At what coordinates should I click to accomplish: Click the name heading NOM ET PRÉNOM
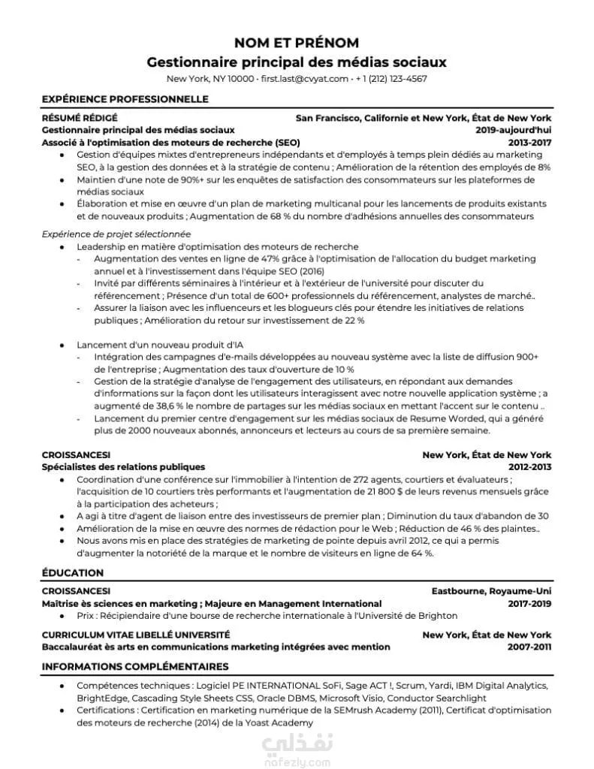(297, 42)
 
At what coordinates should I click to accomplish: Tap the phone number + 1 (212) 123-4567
(391, 79)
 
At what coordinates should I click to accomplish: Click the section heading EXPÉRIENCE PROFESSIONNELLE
(125, 99)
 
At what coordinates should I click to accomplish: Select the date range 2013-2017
(529, 142)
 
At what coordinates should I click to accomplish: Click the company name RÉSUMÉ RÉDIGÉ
(80, 118)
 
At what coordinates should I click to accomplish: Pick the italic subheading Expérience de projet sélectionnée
(116, 234)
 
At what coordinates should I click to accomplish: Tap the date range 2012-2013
(529, 467)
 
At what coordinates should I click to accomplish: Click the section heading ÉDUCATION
(73, 573)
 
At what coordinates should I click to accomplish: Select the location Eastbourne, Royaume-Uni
(491, 591)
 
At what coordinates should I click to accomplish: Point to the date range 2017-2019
(529, 603)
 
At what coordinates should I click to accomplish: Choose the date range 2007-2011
(529, 647)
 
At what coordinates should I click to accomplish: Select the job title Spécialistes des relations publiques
(123, 467)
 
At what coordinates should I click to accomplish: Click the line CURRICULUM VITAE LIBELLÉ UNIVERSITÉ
(136, 635)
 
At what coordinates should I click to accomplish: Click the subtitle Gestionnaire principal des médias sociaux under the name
(297, 61)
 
